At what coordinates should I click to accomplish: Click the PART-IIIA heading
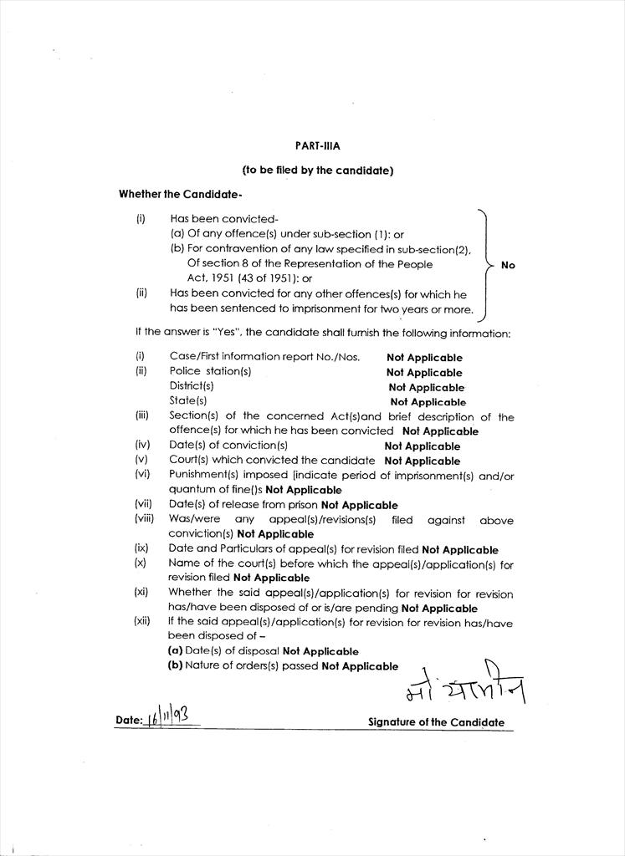click(317, 145)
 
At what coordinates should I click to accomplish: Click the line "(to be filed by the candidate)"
click(317, 171)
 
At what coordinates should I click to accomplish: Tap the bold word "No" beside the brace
click(508, 265)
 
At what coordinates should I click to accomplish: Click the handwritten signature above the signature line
click(464, 688)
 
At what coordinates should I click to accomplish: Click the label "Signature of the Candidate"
click(436, 722)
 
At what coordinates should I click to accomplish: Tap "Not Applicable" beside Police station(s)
click(424, 372)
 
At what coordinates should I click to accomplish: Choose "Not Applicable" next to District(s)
click(426, 387)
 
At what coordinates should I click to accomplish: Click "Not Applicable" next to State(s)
click(428, 402)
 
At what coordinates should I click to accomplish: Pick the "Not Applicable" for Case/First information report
click(424, 357)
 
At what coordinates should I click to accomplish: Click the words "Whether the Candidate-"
click(180, 194)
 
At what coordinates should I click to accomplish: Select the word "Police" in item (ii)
click(185, 371)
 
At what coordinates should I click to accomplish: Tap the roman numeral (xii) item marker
click(143, 621)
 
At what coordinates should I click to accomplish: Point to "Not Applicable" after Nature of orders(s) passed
click(360, 666)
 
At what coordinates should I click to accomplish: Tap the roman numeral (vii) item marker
click(143, 504)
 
